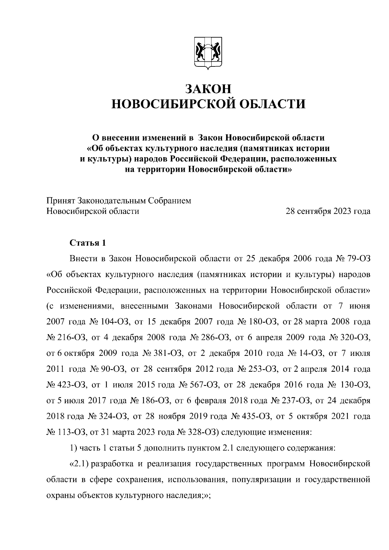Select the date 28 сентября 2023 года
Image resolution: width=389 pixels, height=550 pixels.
(x=328, y=212)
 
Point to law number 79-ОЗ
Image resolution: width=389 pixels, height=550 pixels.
(x=358, y=259)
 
